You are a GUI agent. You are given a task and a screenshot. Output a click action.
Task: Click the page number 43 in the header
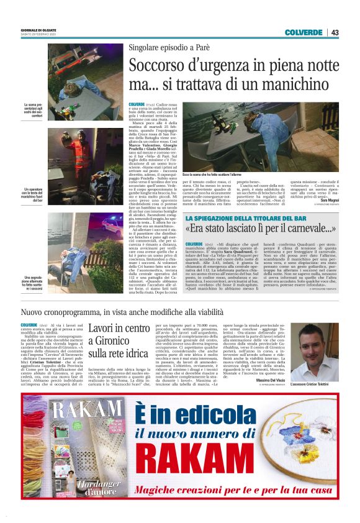(x=335, y=32)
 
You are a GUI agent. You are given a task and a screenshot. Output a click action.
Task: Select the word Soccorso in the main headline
(x=157, y=65)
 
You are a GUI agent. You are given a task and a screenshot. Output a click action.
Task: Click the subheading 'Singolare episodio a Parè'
(x=169, y=48)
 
